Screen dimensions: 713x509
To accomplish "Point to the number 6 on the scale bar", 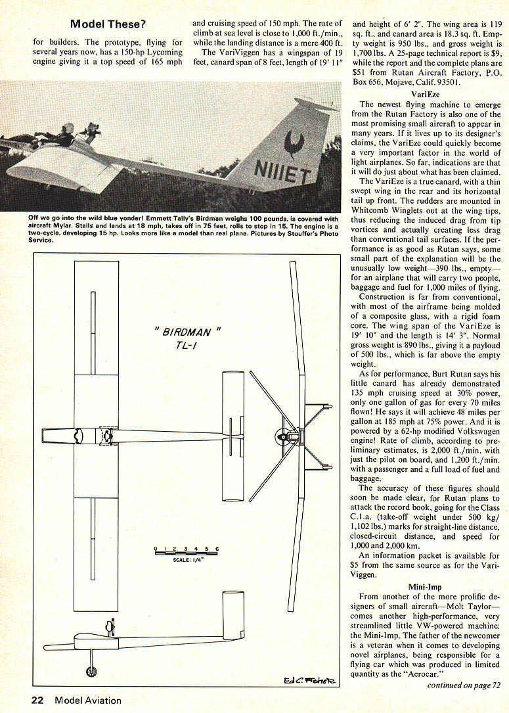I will (217, 548).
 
